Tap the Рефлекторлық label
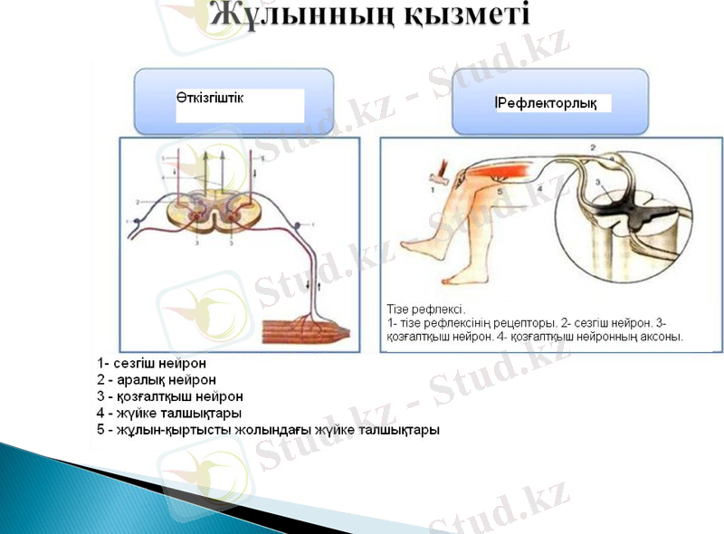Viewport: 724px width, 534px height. click(x=546, y=103)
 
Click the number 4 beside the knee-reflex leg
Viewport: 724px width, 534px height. click(x=540, y=187)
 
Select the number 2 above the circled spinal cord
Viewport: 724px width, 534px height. click(x=593, y=145)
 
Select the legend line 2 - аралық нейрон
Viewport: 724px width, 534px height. click(x=156, y=381)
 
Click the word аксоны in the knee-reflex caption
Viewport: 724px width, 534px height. click(x=661, y=336)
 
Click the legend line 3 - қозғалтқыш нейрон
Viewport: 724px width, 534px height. click(x=170, y=397)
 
